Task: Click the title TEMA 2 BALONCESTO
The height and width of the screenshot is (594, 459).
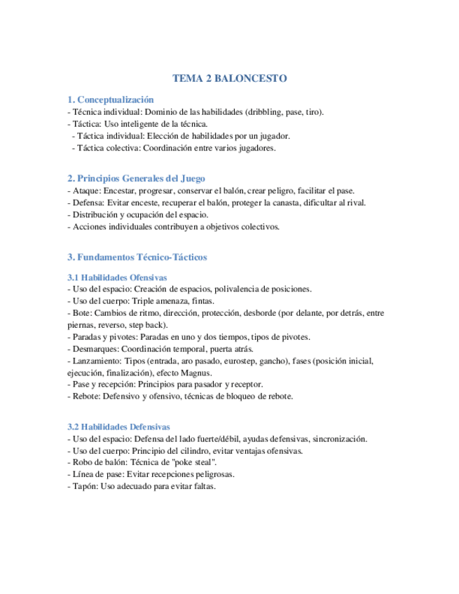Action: tap(229, 79)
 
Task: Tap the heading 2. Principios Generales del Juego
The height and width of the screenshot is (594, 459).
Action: tap(136, 179)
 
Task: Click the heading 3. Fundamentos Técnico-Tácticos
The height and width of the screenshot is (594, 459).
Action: tap(137, 257)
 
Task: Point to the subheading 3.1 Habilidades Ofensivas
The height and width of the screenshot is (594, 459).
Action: tap(116, 277)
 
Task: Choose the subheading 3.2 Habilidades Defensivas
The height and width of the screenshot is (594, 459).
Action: tap(118, 427)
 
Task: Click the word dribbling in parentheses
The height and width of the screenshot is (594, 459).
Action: tap(266, 112)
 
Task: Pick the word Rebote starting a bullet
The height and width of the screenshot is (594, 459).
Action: tap(85, 396)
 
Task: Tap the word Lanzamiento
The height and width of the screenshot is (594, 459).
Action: tap(96, 361)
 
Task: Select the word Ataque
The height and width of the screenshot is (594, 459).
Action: tap(85, 191)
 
